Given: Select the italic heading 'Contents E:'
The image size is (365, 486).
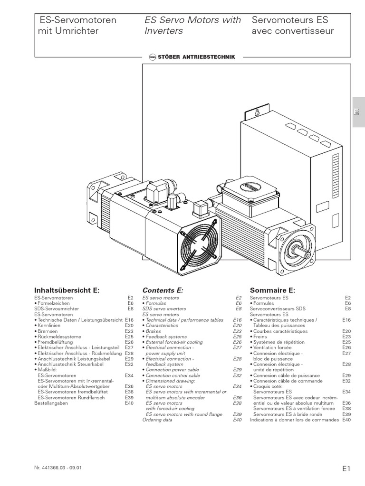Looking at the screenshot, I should pyautogui.click(x=163, y=290).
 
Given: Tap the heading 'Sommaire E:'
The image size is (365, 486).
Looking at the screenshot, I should pyautogui.click(x=272, y=290).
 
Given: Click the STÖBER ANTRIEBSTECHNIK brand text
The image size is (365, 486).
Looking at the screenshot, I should pyautogui.click(x=196, y=57).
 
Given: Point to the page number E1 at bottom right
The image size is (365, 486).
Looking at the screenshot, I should pyautogui.click(x=346, y=468).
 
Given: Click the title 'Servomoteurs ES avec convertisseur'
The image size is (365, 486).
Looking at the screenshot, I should pyautogui.click(x=293, y=26).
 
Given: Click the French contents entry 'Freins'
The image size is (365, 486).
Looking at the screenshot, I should pyautogui.click(x=261, y=336).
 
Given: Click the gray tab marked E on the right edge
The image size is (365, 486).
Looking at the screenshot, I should pyautogui.click(x=358, y=112).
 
